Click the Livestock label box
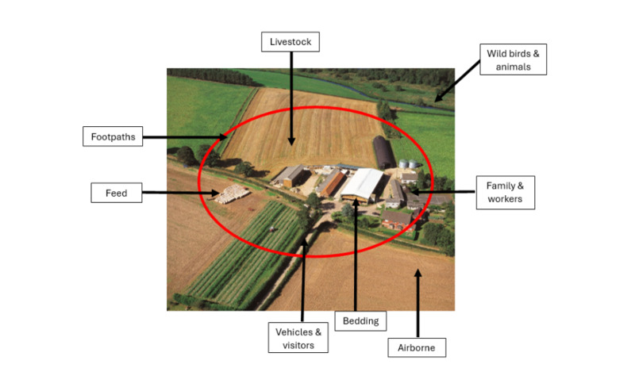[290, 42]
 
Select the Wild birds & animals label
[515, 60]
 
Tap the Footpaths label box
[112, 136]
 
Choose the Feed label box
[116, 192]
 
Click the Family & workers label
[504, 193]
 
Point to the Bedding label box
[362, 321]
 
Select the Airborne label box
[416, 347]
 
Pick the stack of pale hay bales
[232, 194]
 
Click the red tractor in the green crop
[272, 227]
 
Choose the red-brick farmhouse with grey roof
[397, 217]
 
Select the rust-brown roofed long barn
[331, 182]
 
